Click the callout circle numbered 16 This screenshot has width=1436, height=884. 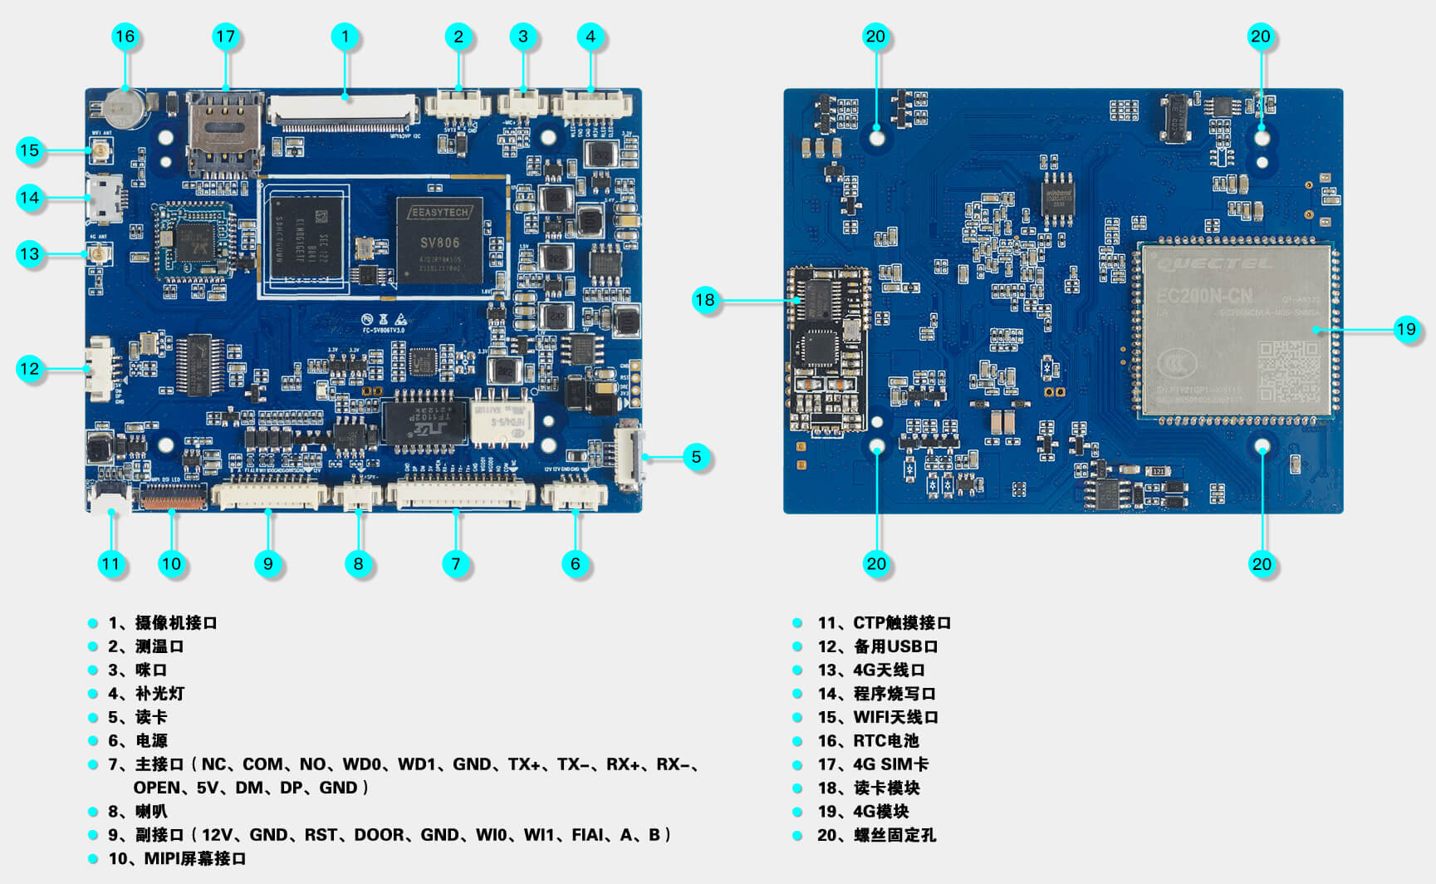pyautogui.click(x=125, y=37)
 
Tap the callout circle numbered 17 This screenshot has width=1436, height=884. pyautogui.click(x=225, y=37)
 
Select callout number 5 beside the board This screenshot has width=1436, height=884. pyautogui.click(x=696, y=456)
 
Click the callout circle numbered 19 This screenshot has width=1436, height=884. pyautogui.click(x=1405, y=329)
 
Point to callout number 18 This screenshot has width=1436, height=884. pyautogui.click(x=704, y=300)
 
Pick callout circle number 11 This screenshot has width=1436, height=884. pyautogui.click(x=110, y=564)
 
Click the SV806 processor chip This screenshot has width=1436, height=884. pyautogui.click(x=439, y=242)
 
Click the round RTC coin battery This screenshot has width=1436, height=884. pyautogui.click(x=125, y=107)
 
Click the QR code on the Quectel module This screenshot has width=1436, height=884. pyautogui.click(x=1288, y=371)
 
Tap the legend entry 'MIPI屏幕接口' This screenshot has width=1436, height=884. pyautogui.click(x=194, y=859)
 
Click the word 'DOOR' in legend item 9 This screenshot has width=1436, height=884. pyautogui.click(x=379, y=835)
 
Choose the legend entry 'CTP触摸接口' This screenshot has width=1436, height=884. pyautogui.click(x=901, y=623)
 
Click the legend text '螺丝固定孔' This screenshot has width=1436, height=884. pyautogui.click(x=894, y=835)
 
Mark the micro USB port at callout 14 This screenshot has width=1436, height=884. pyautogui.click(x=104, y=198)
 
